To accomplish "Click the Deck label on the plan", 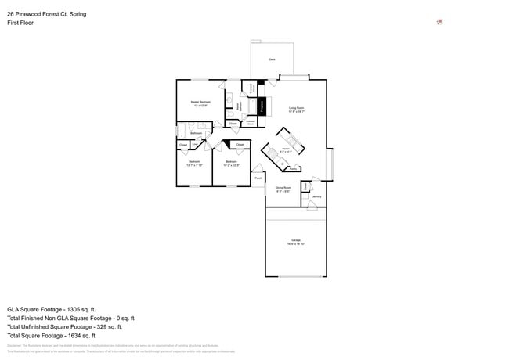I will [x=272, y=59].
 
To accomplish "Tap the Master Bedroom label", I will [x=200, y=103].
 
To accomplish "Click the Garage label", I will [x=296, y=240].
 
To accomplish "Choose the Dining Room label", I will [x=283, y=188].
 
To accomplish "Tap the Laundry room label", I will [x=316, y=196].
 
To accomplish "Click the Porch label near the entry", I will [x=258, y=178].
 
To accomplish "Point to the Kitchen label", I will [x=287, y=149].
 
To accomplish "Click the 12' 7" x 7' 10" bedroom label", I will [x=194, y=164].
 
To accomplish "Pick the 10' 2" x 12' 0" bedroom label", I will [x=232, y=164].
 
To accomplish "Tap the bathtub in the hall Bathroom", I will [x=182, y=131].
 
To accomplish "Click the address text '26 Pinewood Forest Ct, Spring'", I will [x=47, y=13].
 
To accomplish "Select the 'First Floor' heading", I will [x=21, y=23].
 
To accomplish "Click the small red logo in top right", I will [x=439, y=22].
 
